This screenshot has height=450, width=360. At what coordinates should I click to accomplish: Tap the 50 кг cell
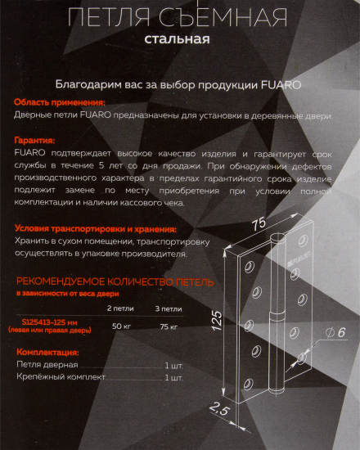120,326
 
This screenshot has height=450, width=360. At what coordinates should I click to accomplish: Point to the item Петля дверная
48,364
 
